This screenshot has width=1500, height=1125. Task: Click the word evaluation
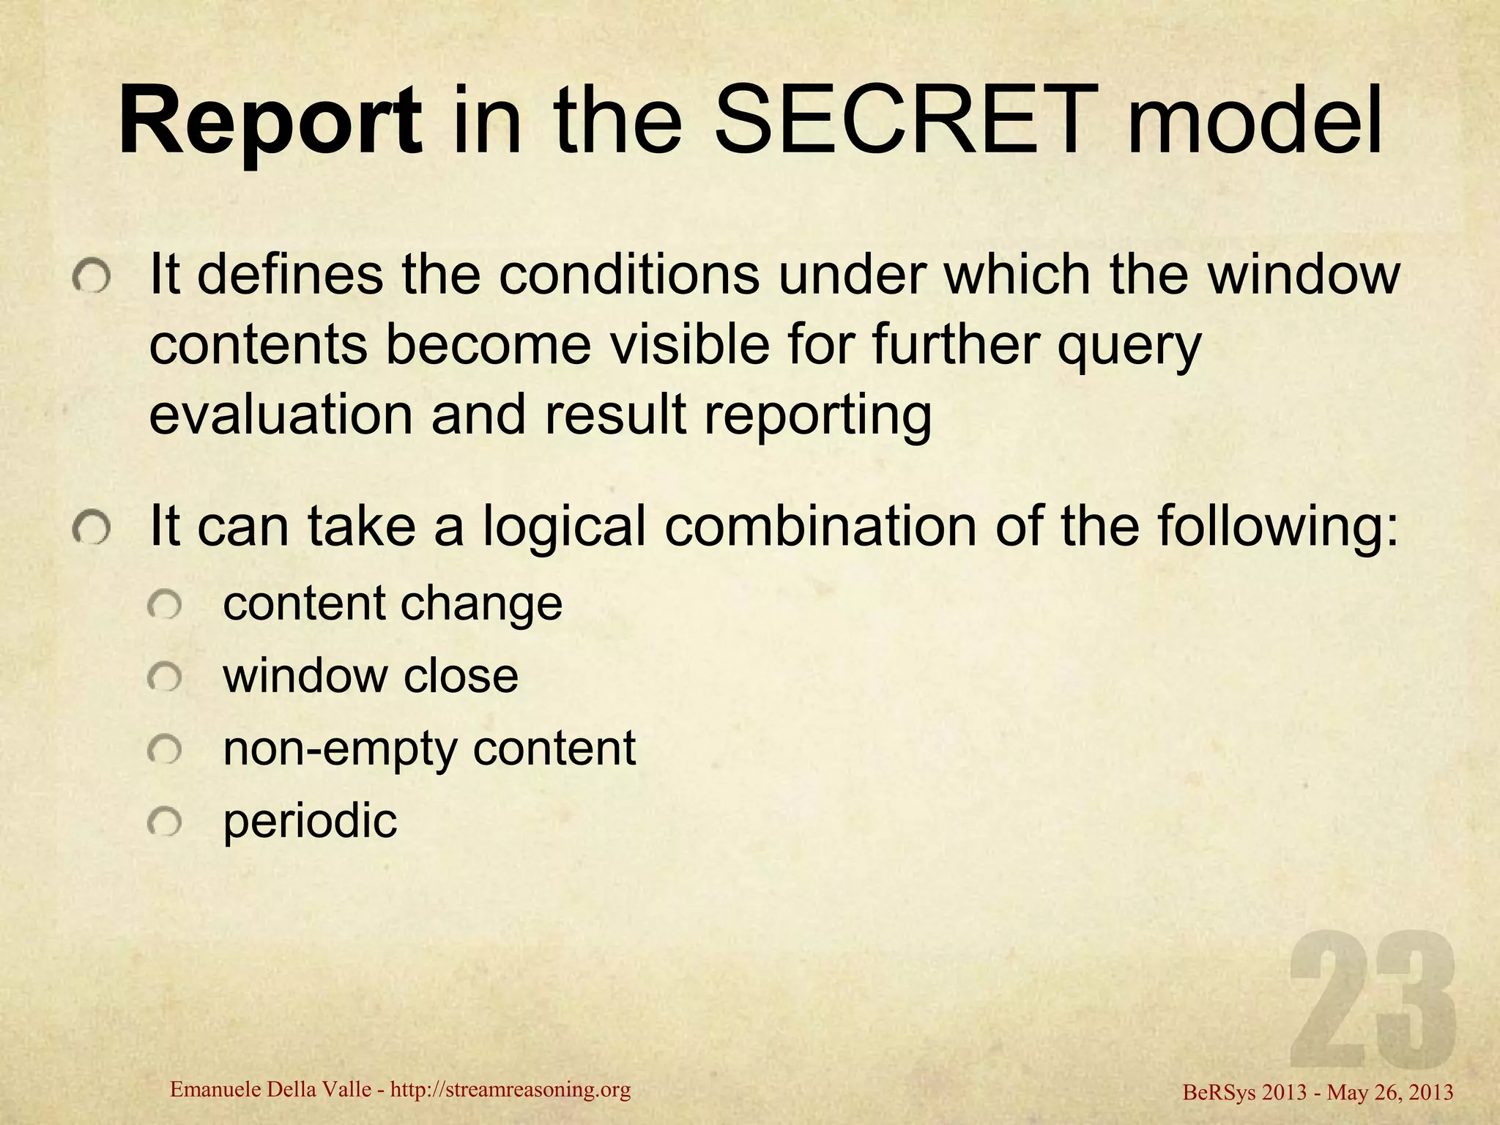point(281,415)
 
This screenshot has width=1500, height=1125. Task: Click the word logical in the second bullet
point(564,527)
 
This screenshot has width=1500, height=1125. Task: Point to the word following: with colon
point(1277,527)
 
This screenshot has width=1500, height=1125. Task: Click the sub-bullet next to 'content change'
point(164,606)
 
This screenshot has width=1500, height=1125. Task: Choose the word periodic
point(310,822)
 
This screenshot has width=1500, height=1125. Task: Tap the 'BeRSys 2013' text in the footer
point(1245,1093)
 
